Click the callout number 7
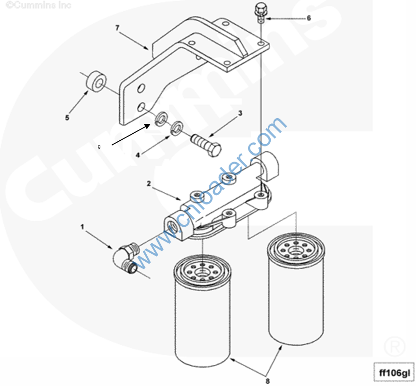[x=117, y=28]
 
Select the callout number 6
[x=309, y=18]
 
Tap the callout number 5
[x=67, y=118]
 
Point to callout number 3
[x=240, y=113]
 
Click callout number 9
[x=99, y=147]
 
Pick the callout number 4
[x=138, y=155]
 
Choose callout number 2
[x=149, y=183]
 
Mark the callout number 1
[x=82, y=227]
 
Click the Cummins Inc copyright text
[x=39, y=5]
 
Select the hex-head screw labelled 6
[x=260, y=13]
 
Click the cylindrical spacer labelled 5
[x=96, y=82]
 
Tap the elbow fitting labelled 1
[x=126, y=258]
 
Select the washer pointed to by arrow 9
[x=161, y=119]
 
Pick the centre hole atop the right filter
[x=295, y=249]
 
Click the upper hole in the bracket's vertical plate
[x=141, y=88]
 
